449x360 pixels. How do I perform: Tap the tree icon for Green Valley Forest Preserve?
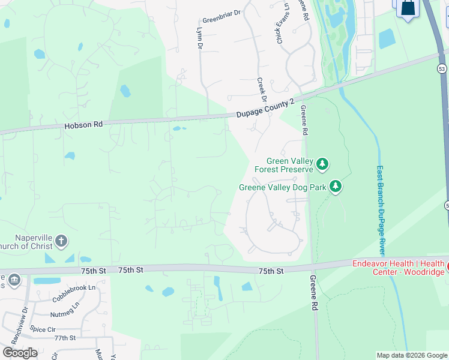322,163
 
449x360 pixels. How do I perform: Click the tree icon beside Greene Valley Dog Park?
336,187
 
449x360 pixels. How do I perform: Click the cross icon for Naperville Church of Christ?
60,241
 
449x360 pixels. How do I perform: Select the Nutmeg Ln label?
65,313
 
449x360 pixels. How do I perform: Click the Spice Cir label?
43,329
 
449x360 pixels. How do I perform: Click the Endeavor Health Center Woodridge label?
399,268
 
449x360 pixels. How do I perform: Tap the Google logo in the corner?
20,352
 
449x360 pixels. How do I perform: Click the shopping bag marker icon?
408,8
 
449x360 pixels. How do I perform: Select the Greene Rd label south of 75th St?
313,293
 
